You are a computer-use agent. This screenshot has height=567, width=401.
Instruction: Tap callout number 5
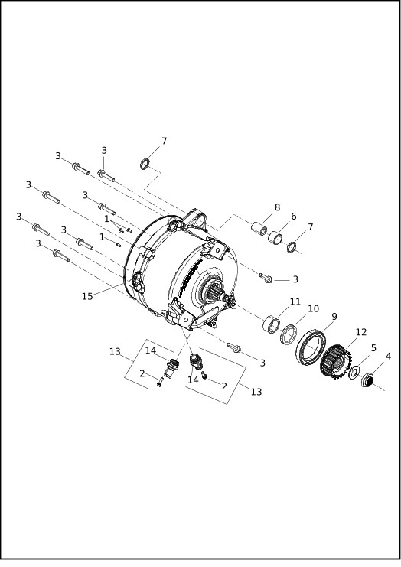click(373, 347)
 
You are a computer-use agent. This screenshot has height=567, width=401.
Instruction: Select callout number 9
click(334, 317)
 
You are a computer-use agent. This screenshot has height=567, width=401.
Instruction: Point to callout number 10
click(313, 308)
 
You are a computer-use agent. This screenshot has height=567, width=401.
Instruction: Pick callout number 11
click(295, 302)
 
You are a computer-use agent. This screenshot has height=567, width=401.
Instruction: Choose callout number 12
click(361, 332)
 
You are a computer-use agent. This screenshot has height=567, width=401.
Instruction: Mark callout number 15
click(88, 295)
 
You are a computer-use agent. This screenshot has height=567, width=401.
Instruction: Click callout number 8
click(277, 207)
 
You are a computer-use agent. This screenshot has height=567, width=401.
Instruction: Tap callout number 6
click(293, 217)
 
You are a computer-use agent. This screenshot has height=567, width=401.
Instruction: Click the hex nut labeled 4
click(367, 380)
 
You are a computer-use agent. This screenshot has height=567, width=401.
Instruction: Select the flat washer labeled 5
click(354, 372)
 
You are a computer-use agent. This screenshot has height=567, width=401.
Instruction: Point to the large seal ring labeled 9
click(310, 345)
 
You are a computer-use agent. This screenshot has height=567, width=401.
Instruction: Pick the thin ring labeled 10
click(289, 334)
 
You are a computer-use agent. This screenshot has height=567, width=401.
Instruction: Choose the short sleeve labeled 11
click(272, 323)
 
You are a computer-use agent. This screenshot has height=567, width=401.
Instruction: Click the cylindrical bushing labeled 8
click(260, 228)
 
